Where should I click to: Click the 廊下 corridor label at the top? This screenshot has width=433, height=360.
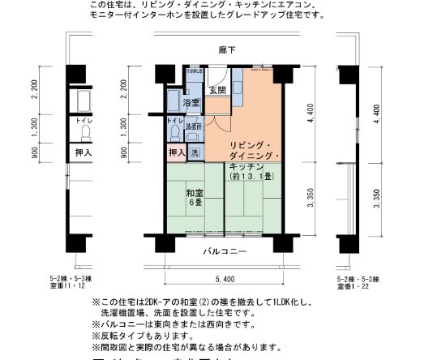point(226,50)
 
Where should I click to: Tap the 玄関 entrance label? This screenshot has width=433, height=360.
point(216,91)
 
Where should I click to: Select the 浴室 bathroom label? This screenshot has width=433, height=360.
point(191,104)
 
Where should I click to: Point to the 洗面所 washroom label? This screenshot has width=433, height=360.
point(195,127)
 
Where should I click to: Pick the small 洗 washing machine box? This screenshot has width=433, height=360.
point(195,152)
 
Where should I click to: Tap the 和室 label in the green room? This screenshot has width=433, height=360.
point(195,193)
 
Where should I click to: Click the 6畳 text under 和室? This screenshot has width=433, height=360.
point(195,204)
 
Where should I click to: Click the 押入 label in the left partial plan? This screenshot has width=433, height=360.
point(84,152)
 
